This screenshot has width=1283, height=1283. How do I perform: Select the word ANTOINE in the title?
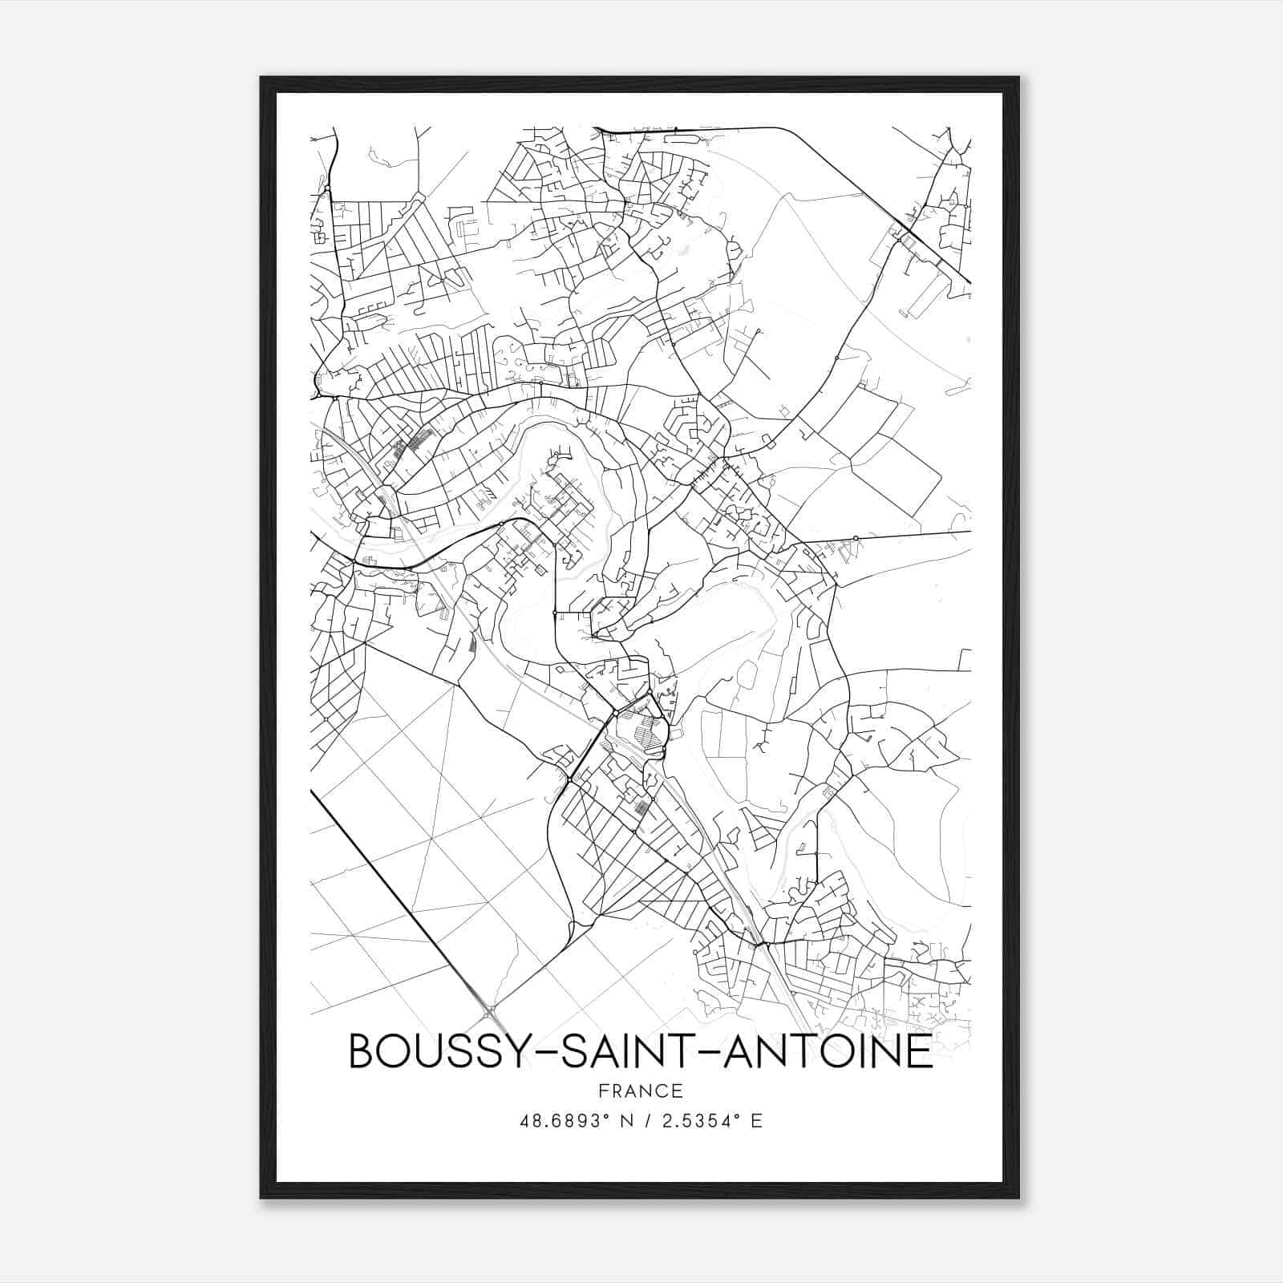click(x=828, y=1051)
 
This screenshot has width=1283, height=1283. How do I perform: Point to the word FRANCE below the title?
click(x=641, y=1091)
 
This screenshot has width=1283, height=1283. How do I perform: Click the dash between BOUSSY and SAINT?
click(x=543, y=1053)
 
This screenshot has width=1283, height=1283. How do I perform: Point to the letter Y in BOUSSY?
click(x=515, y=1051)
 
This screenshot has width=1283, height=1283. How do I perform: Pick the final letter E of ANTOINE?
click(x=921, y=1051)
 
